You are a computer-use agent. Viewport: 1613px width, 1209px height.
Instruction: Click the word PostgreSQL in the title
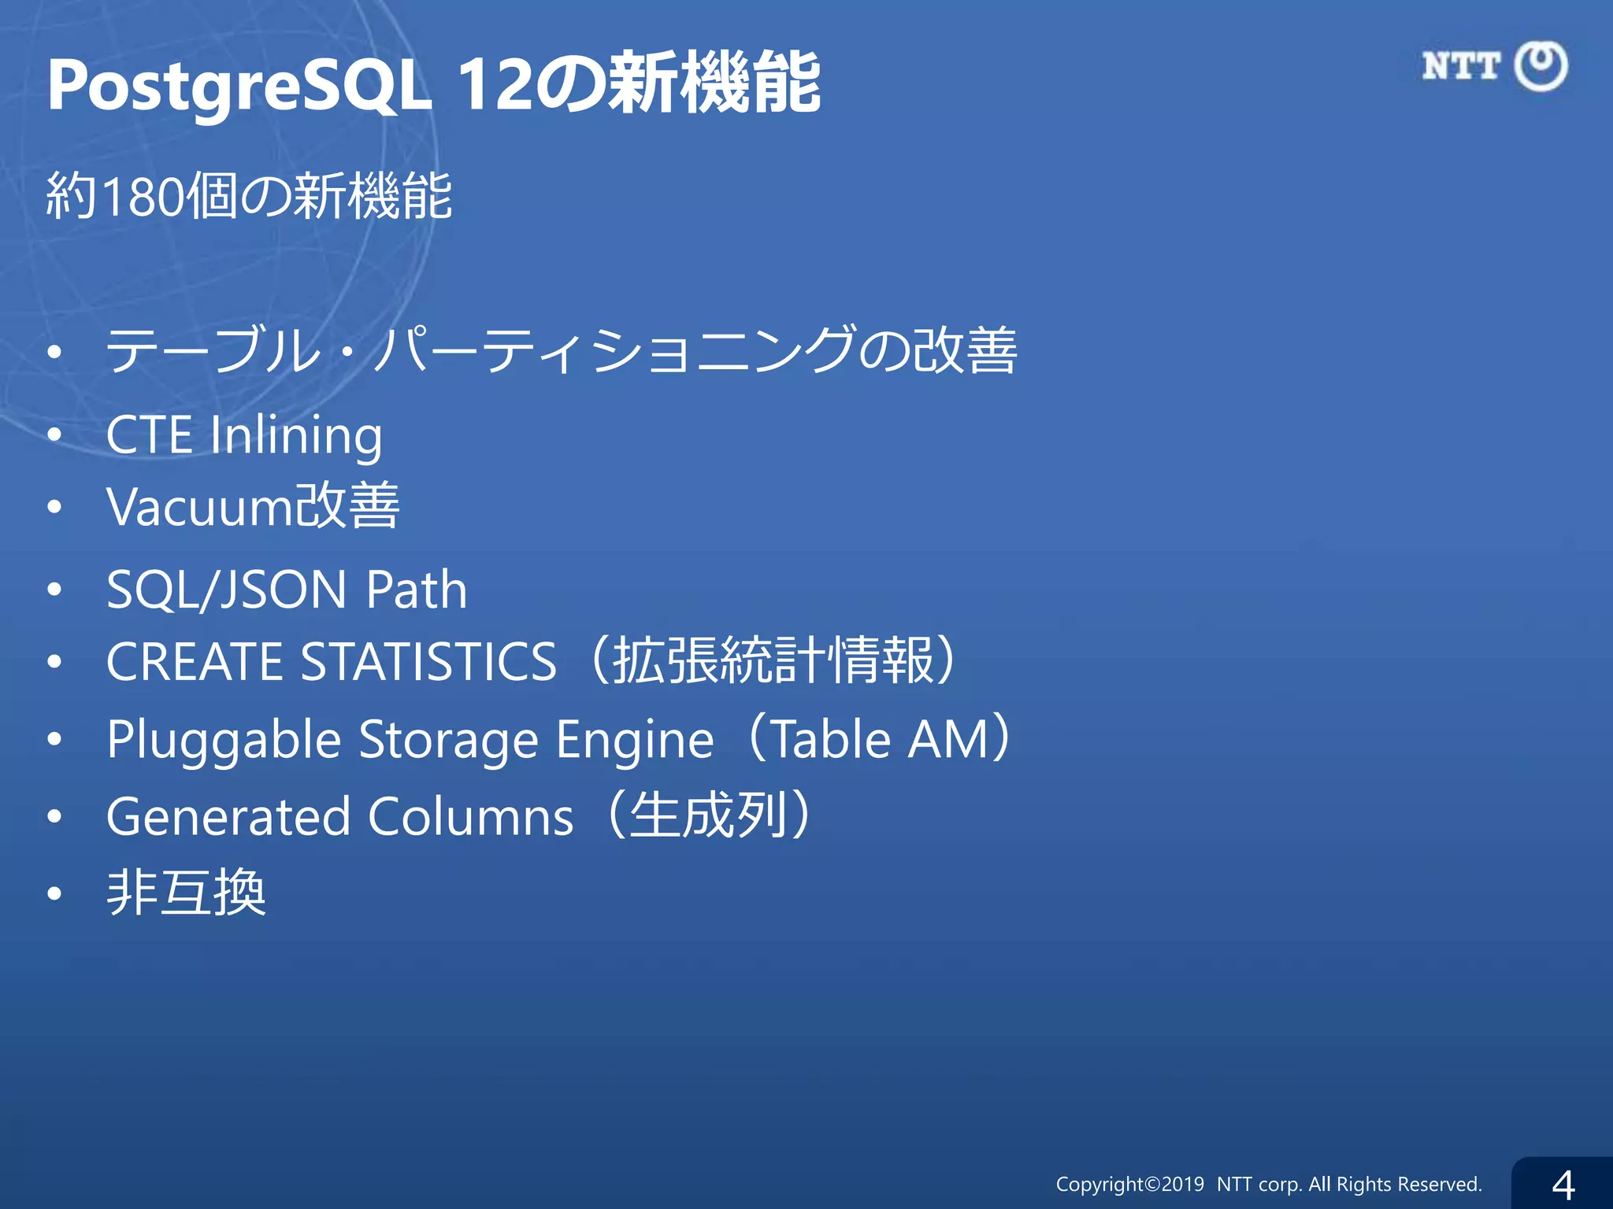pos(239,85)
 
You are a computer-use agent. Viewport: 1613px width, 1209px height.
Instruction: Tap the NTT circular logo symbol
pos(1541,66)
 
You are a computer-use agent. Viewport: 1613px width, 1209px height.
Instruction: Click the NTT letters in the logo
pos(1461,66)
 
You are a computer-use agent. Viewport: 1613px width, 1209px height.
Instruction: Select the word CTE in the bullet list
pos(149,434)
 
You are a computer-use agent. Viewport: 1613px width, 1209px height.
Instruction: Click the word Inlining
pos(296,436)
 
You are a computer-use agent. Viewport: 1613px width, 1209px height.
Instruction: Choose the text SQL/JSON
pos(227,590)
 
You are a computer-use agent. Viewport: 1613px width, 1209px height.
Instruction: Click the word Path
pos(417,590)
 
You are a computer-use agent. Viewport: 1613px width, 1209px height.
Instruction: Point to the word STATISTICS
pos(429,661)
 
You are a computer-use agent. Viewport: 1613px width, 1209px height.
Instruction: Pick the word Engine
pos(635,741)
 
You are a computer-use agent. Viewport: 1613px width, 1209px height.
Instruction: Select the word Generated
pos(228,816)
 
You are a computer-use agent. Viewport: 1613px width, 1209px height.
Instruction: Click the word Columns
pos(470,816)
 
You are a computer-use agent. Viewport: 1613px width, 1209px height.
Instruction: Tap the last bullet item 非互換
pos(187,893)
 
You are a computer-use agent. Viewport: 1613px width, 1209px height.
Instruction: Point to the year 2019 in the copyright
pos(1182,1185)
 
